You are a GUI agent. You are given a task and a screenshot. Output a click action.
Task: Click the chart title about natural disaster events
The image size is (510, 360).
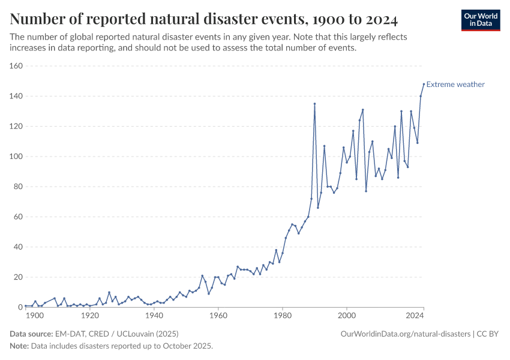tap(204, 20)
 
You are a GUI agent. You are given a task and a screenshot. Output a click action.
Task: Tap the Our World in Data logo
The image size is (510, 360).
tap(480, 20)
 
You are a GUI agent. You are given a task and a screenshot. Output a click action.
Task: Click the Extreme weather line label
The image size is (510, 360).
tap(455, 85)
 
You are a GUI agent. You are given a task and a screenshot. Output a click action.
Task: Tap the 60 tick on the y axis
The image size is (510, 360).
tap(17, 217)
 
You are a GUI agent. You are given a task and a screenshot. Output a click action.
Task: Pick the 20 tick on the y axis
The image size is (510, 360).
tap(17, 277)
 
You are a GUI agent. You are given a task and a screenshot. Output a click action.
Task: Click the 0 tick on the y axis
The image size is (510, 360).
tap(20, 307)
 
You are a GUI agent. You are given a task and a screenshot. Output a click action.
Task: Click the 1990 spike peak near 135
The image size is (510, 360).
tap(314, 104)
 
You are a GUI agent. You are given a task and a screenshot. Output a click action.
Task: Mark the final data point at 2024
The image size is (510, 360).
tap(424, 84)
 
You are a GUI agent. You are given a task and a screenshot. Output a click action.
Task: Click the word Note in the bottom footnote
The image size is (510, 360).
tap(19, 346)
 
